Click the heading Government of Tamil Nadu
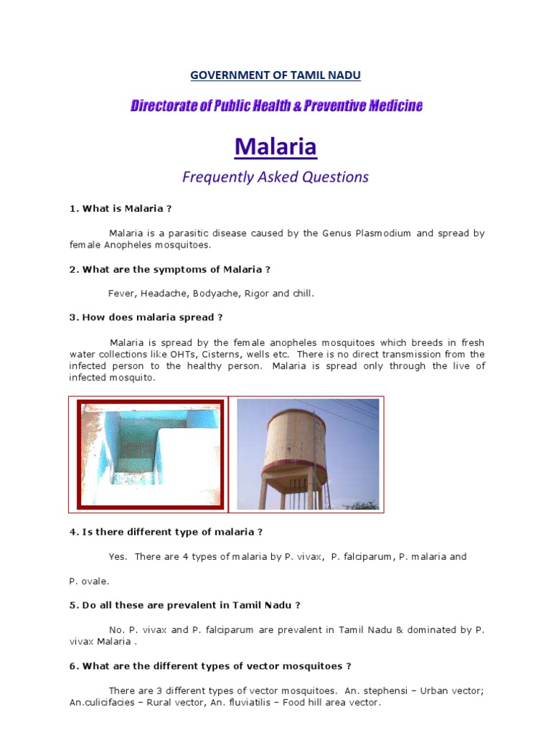(x=275, y=75)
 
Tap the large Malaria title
(x=275, y=147)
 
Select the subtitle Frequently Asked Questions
(x=275, y=177)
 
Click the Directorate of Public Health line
(x=276, y=106)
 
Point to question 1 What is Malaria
(x=121, y=208)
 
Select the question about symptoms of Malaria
(x=169, y=269)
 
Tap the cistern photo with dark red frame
(x=150, y=454)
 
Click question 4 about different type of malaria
(x=166, y=532)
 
